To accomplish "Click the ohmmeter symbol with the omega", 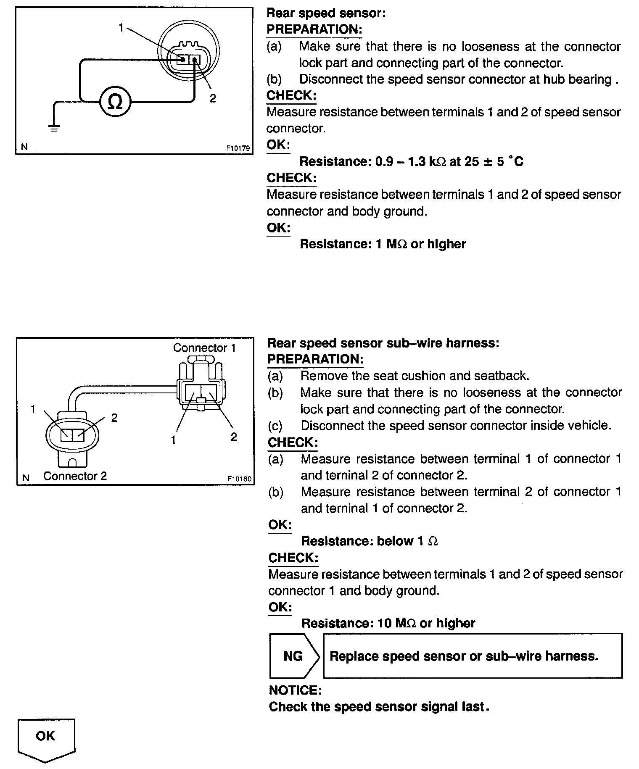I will point(115,102).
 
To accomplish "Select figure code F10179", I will point(238,148).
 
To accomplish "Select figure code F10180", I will point(239,479).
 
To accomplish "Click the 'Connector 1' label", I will point(204,348).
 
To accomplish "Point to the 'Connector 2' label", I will point(75,476).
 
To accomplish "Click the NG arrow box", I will point(293,656).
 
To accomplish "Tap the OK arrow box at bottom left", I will point(46,738).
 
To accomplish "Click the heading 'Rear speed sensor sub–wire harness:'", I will point(383,343).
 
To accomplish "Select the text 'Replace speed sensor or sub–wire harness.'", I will point(464,656).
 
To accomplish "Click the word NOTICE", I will point(295,690).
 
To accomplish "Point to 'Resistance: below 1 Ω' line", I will point(370,541).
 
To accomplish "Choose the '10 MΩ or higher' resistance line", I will point(388,623).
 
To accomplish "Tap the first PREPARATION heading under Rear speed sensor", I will point(314,29).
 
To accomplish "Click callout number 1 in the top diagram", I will point(121,28).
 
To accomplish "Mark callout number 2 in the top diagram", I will point(213,98).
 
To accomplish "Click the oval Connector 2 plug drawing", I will point(72,435).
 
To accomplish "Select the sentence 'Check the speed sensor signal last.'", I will point(379,707).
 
